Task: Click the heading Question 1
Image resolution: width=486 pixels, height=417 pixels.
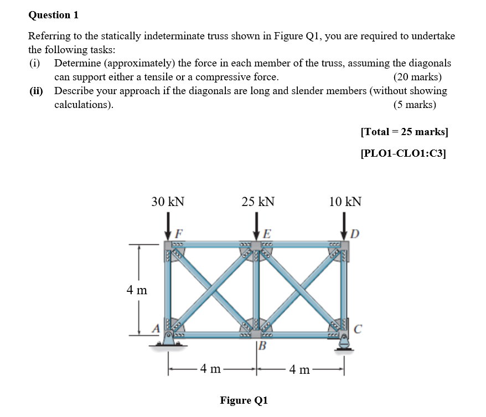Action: pyautogui.click(x=53, y=15)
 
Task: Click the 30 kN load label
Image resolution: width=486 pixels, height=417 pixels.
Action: pyautogui.click(x=168, y=202)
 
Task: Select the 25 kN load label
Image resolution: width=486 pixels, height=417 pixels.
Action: pyautogui.click(x=258, y=202)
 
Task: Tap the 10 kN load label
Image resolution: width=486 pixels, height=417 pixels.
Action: pyautogui.click(x=345, y=202)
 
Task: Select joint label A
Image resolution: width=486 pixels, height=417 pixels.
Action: pyautogui.click(x=157, y=329)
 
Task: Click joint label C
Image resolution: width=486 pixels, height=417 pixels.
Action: pyautogui.click(x=358, y=330)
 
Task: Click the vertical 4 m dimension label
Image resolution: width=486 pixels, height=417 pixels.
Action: pyautogui.click(x=137, y=290)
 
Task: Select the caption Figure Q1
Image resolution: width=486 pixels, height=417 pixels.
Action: pyautogui.click(x=244, y=400)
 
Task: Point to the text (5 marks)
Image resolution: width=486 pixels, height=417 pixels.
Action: pyautogui.click(x=415, y=104)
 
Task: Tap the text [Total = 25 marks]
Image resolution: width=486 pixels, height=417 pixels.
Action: pyautogui.click(x=404, y=132)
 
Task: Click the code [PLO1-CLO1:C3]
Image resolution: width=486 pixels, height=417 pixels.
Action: pyautogui.click(x=403, y=153)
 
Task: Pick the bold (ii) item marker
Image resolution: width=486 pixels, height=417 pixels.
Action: pyautogui.click(x=38, y=91)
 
